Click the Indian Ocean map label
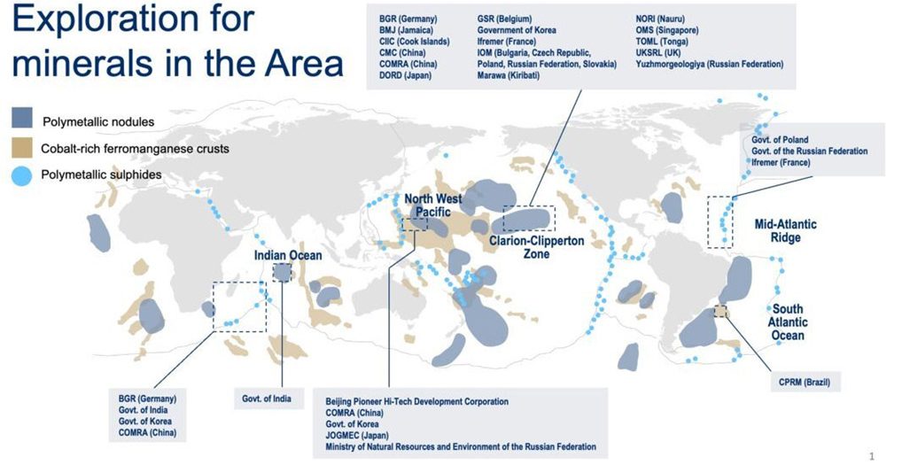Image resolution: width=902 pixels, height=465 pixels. (288, 255)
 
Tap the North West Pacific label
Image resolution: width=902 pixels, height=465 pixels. (433, 205)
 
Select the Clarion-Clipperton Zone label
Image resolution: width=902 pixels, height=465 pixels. (536, 247)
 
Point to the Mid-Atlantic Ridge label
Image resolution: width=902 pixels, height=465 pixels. (785, 230)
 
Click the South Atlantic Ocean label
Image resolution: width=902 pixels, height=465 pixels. (788, 322)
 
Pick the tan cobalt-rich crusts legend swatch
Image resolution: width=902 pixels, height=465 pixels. (22, 148)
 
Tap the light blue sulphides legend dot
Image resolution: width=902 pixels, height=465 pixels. (22, 176)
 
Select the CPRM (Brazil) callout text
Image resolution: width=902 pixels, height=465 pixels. (805, 382)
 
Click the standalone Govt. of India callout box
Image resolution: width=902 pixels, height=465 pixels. (268, 399)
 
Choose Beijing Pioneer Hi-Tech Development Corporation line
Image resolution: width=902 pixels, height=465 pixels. (417, 401)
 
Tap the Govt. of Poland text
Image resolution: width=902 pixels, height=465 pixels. (780, 140)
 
